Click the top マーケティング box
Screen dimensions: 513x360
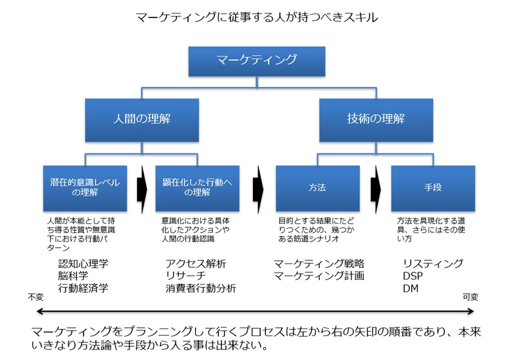tap(257, 62)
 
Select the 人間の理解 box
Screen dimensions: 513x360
tap(142, 120)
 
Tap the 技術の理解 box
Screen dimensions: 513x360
tap(377, 120)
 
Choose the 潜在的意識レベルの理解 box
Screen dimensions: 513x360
tap(85, 188)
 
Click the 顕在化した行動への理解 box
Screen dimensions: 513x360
tap(197, 188)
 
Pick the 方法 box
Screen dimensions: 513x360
tap(318, 188)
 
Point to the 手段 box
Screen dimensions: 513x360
tap(433, 188)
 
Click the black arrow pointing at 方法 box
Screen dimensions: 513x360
tap(258, 189)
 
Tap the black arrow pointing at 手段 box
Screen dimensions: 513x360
tap(376, 189)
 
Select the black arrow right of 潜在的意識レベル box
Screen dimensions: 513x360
tap(142, 189)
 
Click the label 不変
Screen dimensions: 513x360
tap(35, 297)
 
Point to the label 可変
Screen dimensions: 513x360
tap(471, 297)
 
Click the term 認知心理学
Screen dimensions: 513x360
tap(83, 263)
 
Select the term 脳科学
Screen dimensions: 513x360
tap(73, 276)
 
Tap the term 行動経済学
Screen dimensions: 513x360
tap(83, 288)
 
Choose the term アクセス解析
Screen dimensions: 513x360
tap(196, 263)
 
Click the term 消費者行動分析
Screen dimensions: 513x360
tap(201, 288)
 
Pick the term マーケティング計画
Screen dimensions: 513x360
tap(319, 276)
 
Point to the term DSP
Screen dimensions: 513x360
tap(413, 276)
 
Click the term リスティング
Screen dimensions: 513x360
tap(433, 263)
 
